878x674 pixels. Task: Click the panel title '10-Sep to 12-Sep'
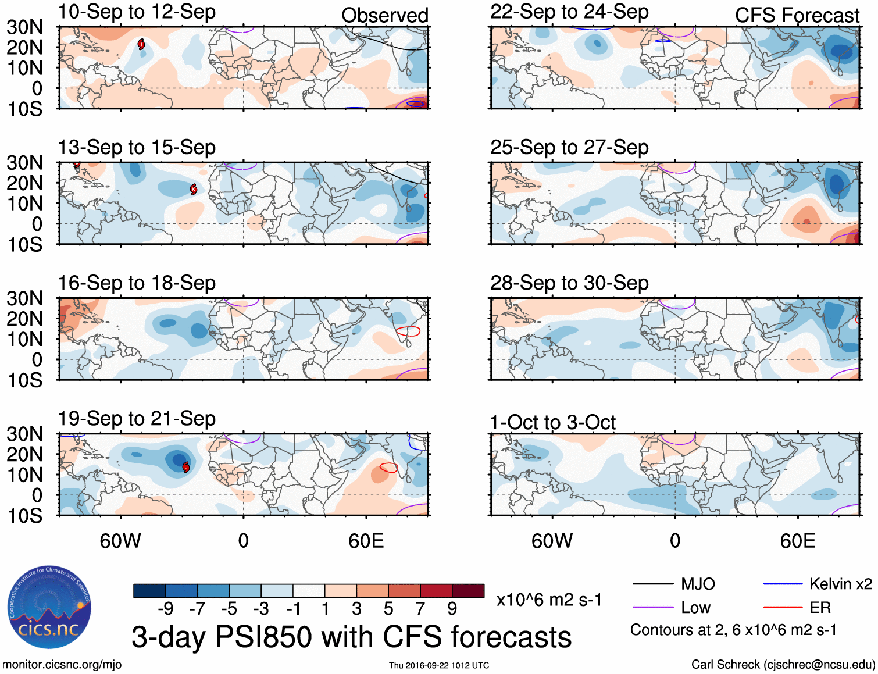(137, 12)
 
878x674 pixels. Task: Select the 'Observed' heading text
(384, 15)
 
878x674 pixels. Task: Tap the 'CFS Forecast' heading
(797, 15)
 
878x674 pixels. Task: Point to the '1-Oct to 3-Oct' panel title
(552, 422)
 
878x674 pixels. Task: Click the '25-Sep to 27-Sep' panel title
(569, 147)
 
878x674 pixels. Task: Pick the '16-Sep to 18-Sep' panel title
(137, 283)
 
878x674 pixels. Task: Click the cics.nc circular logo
(49, 607)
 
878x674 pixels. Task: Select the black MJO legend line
(652, 584)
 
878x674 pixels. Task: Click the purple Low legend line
(652, 608)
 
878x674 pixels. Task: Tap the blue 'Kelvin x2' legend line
(783, 584)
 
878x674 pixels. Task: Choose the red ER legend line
(783, 608)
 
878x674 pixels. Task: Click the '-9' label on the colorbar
(166, 609)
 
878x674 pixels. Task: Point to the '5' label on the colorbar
(388, 609)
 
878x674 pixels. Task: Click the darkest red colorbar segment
(468, 591)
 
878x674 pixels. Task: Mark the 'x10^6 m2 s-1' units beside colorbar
(549, 600)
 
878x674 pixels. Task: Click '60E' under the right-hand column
(797, 541)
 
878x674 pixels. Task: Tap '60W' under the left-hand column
(120, 541)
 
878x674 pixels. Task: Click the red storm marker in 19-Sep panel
(186, 467)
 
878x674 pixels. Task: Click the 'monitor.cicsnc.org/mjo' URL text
(62, 665)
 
